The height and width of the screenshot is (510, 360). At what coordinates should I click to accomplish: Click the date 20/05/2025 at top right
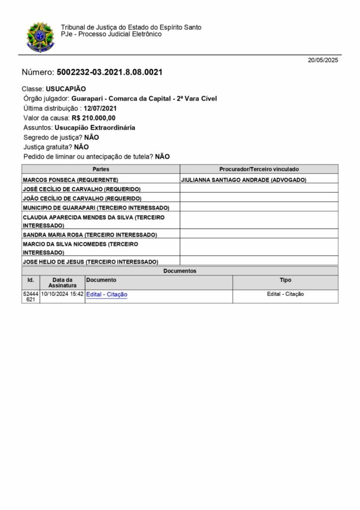coord(323,60)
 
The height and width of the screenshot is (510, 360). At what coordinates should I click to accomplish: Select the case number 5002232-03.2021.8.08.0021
coord(110,72)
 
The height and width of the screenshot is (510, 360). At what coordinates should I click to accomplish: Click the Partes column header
coord(101,169)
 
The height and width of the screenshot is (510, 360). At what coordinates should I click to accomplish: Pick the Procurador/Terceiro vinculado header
coord(259,169)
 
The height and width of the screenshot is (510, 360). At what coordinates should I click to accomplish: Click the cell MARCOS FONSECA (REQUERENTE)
coord(71,179)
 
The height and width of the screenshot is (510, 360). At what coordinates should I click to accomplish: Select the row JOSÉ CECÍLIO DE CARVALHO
coord(82,189)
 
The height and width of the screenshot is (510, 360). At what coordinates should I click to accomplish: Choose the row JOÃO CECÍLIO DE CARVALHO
coord(82,198)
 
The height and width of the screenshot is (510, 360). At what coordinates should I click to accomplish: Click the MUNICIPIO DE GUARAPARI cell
coord(96,207)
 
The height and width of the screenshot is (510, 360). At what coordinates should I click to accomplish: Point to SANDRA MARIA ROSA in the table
coord(90,234)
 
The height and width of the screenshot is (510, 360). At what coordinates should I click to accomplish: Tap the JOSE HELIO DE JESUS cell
coord(91,261)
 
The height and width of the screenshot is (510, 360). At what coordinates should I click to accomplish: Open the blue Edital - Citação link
coord(107,294)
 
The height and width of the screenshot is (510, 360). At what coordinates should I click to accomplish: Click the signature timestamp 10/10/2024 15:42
coord(62,294)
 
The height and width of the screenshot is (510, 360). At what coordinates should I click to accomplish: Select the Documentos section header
coord(180,271)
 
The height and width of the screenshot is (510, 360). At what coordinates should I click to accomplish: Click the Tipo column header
coord(285,280)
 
